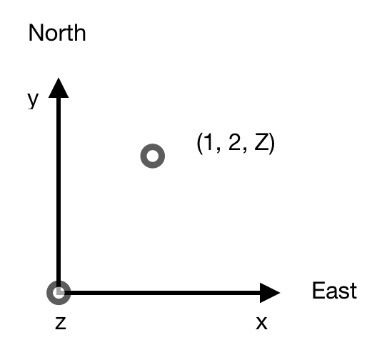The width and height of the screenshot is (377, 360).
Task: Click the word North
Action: (x=57, y=33)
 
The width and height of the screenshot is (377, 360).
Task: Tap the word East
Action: (x=334, y=291)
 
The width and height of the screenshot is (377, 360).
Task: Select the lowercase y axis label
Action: (x=33, y=100)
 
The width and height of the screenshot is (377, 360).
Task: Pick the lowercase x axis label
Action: (x=261, y=323)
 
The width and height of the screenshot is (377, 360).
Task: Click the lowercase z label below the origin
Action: (x=61, y=323)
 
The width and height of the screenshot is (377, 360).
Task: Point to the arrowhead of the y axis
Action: (x=59, y=88)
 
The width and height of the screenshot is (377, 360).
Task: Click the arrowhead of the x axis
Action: (x=270, y=293)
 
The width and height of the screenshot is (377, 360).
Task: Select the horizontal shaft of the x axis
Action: (x=162, y=293)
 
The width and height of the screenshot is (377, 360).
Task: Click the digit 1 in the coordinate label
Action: (x=208, y=142)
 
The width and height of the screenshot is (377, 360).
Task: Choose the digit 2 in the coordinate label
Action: (x=235, y=142)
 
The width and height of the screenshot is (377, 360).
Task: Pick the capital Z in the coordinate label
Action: (x=261, y=142)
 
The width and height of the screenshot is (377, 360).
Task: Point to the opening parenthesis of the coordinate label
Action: (x=199, y=144)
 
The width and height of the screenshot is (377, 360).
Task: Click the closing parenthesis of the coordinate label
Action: (x=272, y=144)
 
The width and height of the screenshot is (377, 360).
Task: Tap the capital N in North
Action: (x=36, y=33)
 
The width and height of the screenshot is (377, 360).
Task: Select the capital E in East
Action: (x=318, y=291)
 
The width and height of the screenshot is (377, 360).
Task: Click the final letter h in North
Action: (x=80, y=33)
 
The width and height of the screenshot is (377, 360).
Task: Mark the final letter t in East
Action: (x=353, y=291)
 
